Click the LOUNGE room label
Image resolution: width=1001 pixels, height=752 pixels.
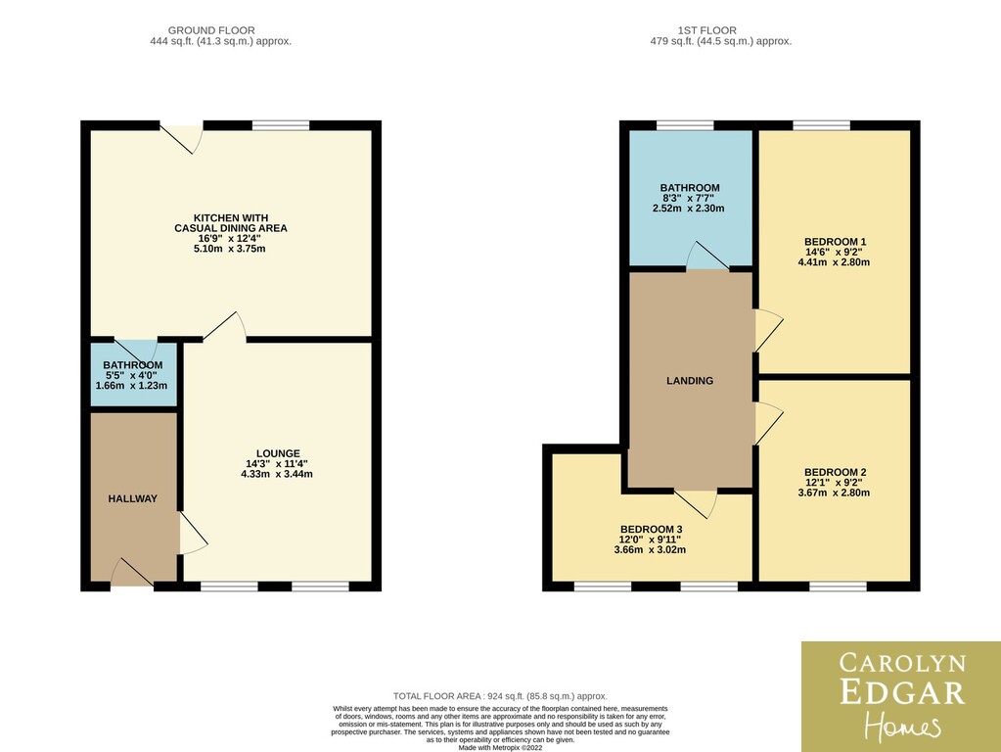278,453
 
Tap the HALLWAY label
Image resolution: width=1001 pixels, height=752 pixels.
133,499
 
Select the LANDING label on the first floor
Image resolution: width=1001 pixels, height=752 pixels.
690,381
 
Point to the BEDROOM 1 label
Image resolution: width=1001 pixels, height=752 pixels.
835,242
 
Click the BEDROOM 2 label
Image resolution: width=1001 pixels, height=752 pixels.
835,472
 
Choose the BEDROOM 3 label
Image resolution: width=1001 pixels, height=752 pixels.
651,529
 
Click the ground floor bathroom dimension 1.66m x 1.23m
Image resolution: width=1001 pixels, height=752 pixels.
131,386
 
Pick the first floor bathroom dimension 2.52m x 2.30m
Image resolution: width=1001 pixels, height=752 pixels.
688,209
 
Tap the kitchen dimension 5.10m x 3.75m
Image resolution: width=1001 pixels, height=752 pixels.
230,249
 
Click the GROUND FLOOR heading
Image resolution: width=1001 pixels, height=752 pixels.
211,30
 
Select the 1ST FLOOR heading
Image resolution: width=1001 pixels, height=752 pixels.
707,30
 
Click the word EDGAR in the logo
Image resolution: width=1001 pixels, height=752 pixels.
902,692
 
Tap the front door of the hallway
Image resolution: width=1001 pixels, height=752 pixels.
132,573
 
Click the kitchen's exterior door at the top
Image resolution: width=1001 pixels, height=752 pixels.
181,137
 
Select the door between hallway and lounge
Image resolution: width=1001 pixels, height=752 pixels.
194,533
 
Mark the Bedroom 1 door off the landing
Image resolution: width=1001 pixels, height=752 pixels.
769,330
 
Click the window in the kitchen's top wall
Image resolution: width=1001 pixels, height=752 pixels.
281,125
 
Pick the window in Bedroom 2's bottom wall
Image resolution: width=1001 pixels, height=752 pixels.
839,586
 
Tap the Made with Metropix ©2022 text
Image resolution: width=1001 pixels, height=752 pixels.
501,747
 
